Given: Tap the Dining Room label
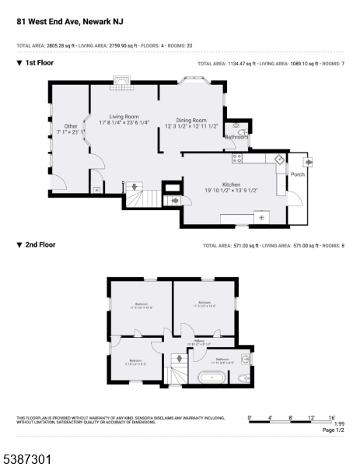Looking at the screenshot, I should pyautogui.click(x=190, y=120).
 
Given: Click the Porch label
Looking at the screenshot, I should pyautogui.click(x=298, y=175).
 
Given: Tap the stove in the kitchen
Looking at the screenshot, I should pyautogui.click(x=238, y=158).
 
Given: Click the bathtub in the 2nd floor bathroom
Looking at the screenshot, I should pyautogui.click(x=211, y=377).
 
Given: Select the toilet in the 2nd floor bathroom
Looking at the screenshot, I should pyautogui.click(x=243, y=377).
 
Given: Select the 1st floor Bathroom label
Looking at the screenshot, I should pyautogui.click(x=236, y=137).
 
